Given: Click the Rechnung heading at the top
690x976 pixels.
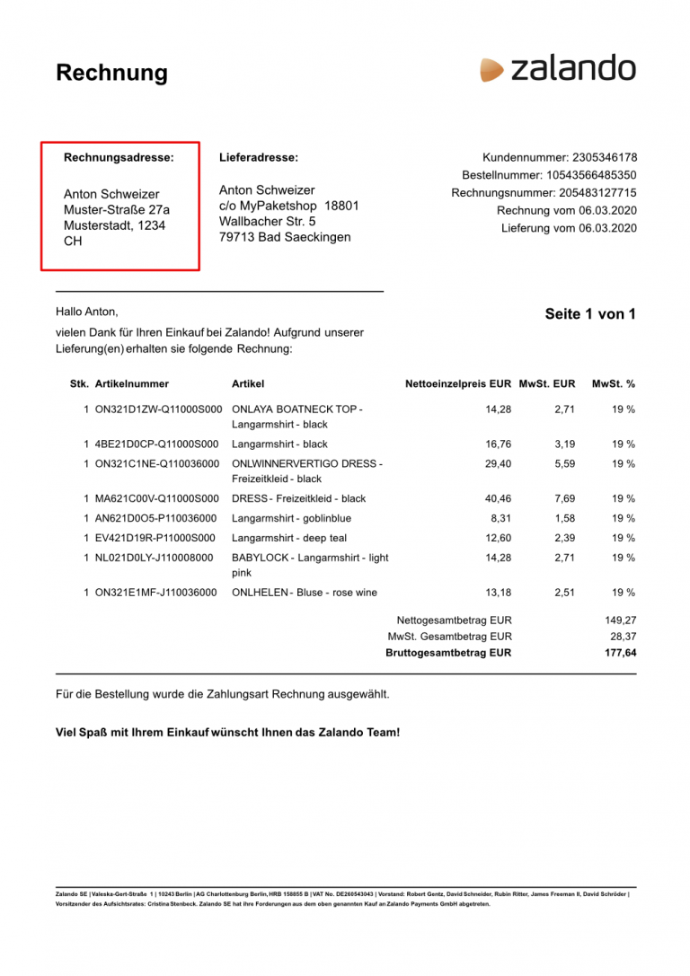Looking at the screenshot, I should point(111,73).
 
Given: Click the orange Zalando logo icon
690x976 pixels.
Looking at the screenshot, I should point(491,70).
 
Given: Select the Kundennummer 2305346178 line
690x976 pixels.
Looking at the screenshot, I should point(559,157).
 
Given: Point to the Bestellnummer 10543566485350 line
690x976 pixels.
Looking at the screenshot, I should point(549,175).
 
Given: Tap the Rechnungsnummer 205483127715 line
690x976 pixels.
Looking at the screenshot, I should point(544,193).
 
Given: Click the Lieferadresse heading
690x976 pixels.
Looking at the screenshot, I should point(259,157).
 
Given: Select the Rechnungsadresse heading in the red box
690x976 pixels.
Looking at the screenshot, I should point(119,157).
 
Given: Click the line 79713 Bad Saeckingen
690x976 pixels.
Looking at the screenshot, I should point(285,237).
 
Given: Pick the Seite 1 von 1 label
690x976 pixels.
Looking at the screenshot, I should point(590,314).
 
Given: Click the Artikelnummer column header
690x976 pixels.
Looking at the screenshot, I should point(131,384).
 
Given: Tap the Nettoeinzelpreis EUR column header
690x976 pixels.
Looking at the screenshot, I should point(458,384).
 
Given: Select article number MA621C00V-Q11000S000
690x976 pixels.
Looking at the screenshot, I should point(156,498).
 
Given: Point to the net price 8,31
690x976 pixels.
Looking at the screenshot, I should point(500,518).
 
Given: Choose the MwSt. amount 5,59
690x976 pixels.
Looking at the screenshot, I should point(564,464).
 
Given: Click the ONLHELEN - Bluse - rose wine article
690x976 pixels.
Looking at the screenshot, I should point(305,593).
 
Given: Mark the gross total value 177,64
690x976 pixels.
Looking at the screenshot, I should point(620,653).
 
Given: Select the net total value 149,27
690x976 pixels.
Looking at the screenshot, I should point(620,620).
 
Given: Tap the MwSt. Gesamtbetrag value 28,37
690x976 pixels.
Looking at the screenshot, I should point(623,637).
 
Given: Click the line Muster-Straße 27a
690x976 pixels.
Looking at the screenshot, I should point(117,210).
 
